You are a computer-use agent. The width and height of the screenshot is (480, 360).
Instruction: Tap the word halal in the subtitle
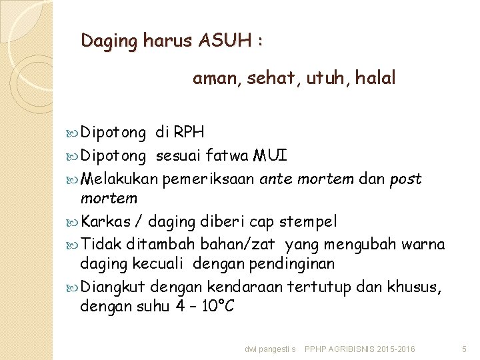pyautogui.click(x=375, y=79)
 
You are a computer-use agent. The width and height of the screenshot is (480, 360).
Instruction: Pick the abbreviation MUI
pyautogui.click(x=270, y=157)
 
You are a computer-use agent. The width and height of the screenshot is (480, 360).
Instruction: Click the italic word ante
pyautogui.click(x=275, y=179)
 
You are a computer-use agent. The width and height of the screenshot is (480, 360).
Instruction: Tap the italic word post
pyautogui.click(x=406, y=179)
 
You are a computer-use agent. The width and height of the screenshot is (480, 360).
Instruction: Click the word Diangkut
pyautogui.click(x=113, y=287)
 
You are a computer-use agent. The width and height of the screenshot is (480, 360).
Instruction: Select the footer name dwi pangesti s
pyautogui.click(x=271, y=349)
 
